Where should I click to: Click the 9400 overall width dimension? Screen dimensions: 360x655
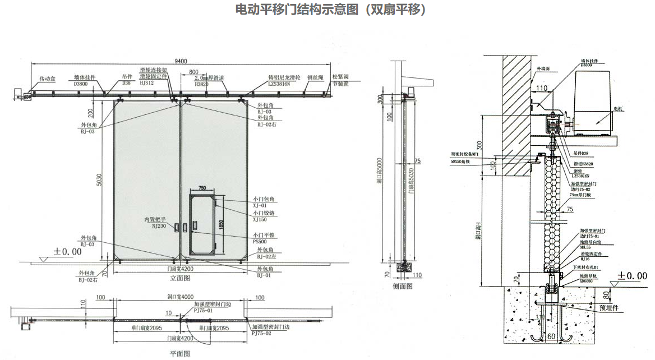181,61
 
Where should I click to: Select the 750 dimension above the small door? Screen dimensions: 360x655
203,187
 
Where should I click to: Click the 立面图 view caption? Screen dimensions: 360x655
180,278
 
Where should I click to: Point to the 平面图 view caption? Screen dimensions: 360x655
180,353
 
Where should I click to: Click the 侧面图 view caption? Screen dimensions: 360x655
403,286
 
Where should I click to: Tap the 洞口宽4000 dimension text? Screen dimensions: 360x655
180,297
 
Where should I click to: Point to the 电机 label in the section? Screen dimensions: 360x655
618,107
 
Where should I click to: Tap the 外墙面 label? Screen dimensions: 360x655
543,68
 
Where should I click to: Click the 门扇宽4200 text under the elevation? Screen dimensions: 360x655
180,268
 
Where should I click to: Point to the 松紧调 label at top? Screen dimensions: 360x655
341,77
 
